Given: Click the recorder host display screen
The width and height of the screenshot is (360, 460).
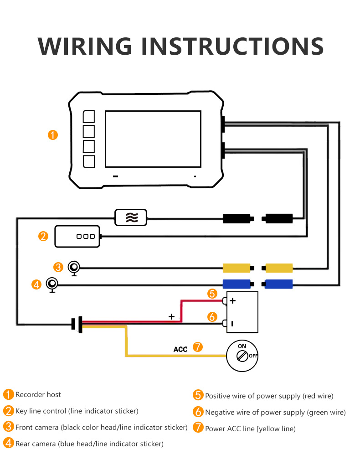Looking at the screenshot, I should (x=153, y=139).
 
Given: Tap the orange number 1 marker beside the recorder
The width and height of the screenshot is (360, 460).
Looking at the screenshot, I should (x=53, y=135).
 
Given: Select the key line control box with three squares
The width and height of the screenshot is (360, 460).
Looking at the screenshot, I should (x=77, y=236).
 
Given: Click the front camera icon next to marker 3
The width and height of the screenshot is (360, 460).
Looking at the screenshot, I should (x=74, y=267).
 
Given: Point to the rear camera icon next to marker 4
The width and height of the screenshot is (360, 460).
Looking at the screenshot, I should (x=52, y=284).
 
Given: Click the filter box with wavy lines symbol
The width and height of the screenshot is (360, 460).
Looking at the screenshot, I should (x=131, y=217).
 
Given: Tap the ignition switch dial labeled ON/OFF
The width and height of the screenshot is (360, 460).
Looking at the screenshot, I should (x=242, y=355).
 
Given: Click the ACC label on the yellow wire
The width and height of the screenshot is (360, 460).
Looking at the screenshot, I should (x=180, y=349).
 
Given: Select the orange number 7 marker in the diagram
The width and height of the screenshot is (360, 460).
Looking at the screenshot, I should (x=197, y=347).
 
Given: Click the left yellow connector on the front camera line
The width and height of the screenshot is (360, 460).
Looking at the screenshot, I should (x=237, y=268).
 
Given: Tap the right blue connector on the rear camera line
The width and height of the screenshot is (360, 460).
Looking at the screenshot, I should (x=278, y=284).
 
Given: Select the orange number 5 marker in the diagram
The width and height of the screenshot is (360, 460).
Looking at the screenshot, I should (x=211, y=294).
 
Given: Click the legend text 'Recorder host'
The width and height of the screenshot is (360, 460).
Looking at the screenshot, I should (x=38, y=395).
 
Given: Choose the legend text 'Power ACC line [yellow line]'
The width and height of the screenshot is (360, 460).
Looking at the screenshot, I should (x=250, y=429).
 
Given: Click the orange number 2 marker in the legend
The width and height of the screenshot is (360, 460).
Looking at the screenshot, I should (x=8, y=411).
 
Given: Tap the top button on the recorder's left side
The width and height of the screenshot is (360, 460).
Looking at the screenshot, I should (x=89, y=117).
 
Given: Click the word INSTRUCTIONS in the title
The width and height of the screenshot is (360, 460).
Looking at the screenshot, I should (x=231, y=46).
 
